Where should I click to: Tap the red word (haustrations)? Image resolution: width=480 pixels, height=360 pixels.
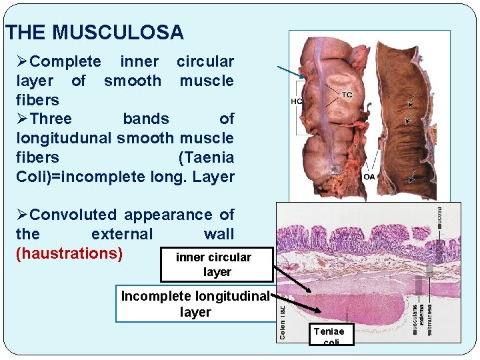click(x=69, y=254)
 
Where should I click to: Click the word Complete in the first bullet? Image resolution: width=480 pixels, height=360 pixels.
click(x=65, y=62)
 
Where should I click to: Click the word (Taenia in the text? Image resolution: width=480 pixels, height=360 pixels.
click(x=206, y=158)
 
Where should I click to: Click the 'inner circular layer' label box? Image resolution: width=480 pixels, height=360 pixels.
click(x=217, y=264)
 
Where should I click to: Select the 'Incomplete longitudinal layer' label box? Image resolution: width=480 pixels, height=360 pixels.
click(x=195, y=304)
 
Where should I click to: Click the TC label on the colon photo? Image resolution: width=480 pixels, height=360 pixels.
click(x=347, y=95)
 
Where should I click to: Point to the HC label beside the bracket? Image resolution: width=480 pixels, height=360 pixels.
click(x=297, y=101)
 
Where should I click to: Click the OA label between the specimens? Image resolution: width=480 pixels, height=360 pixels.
click(x=369, y=177)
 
